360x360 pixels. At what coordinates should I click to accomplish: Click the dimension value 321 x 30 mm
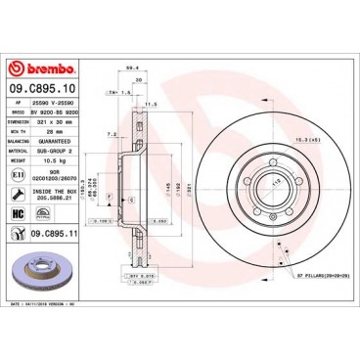pyautogui.click(x=63, y=120)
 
